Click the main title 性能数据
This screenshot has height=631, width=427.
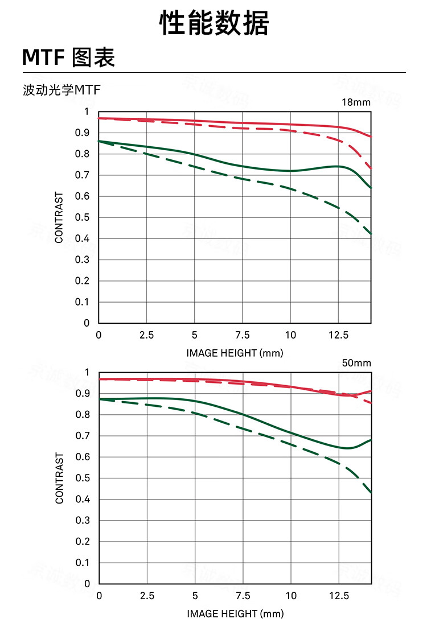tap(213, 24)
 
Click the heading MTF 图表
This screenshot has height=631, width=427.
tap(68, 57)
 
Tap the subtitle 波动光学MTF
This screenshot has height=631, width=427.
tap(56, 90)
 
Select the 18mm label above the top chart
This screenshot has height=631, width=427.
tap(356, 103)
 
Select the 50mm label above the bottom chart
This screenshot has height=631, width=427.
tap(356, 363)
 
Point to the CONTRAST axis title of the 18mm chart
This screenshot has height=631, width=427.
tap(59, 217)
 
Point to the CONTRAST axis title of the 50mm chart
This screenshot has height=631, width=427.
tap(59, 478)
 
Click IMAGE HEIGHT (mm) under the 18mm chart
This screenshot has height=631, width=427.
tap(235, 353)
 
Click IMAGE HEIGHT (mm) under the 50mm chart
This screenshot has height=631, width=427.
tap(235, 614)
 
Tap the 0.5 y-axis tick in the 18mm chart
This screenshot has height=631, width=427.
tap(84, 217)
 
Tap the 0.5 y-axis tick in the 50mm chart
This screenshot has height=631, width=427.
tap(84, 478)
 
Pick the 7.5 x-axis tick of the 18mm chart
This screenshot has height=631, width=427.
tap(243, 335)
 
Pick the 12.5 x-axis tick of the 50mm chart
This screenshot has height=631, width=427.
tap(339, 596)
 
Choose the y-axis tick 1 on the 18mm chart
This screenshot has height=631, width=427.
tap(87, 112)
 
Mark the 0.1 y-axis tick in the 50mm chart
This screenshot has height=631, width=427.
tap(84, 563)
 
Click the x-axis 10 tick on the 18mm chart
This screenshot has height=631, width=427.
tap(290, 335)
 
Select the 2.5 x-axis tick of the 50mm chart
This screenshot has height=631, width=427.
tap(147, 596)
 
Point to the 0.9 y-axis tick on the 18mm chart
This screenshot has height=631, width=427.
tap(84, 133)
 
